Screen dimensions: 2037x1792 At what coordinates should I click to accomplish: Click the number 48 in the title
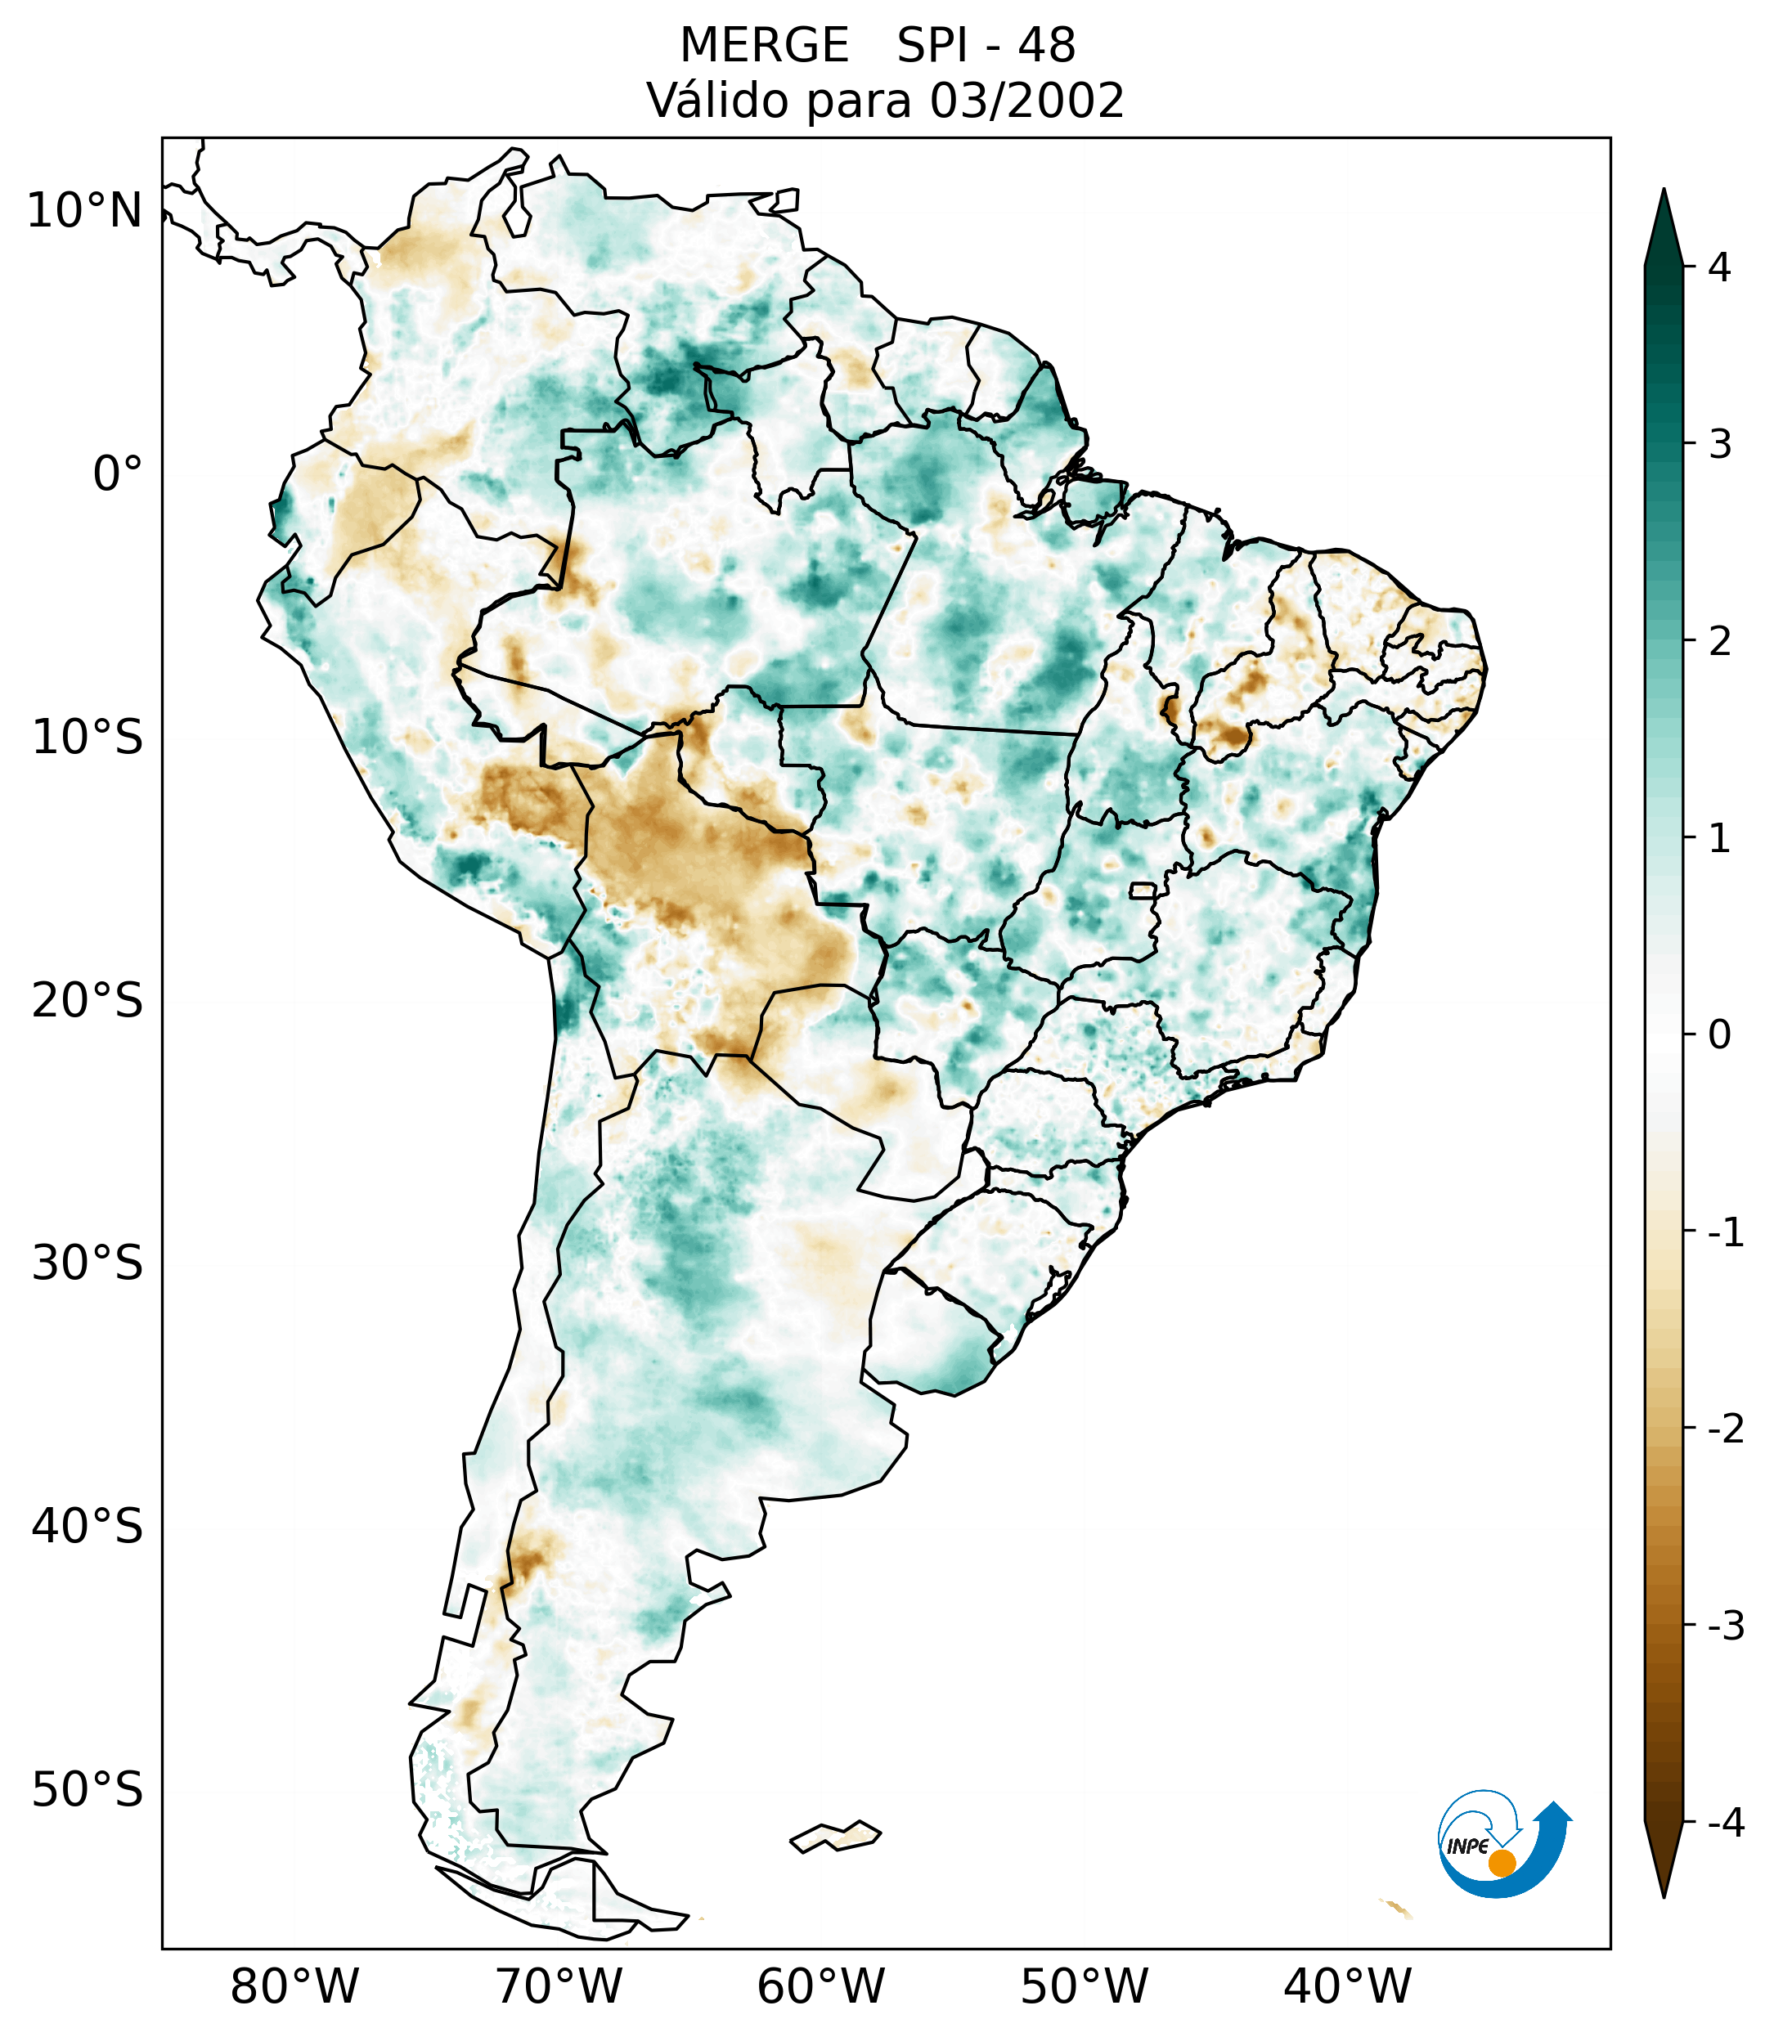click(1047, 46)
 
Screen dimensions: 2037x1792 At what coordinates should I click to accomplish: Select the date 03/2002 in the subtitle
click(1026, 101)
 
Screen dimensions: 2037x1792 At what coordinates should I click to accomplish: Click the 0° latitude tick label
click(117, 473)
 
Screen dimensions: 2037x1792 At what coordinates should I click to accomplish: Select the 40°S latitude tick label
click(87, 1527)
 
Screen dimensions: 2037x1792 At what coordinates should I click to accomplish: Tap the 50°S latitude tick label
click(87, 1790)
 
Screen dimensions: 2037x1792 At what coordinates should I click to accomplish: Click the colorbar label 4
click(1719, 267)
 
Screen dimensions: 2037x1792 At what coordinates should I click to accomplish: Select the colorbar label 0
click(1719, 1035)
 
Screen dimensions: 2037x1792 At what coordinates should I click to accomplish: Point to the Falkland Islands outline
click(836, 1836)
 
